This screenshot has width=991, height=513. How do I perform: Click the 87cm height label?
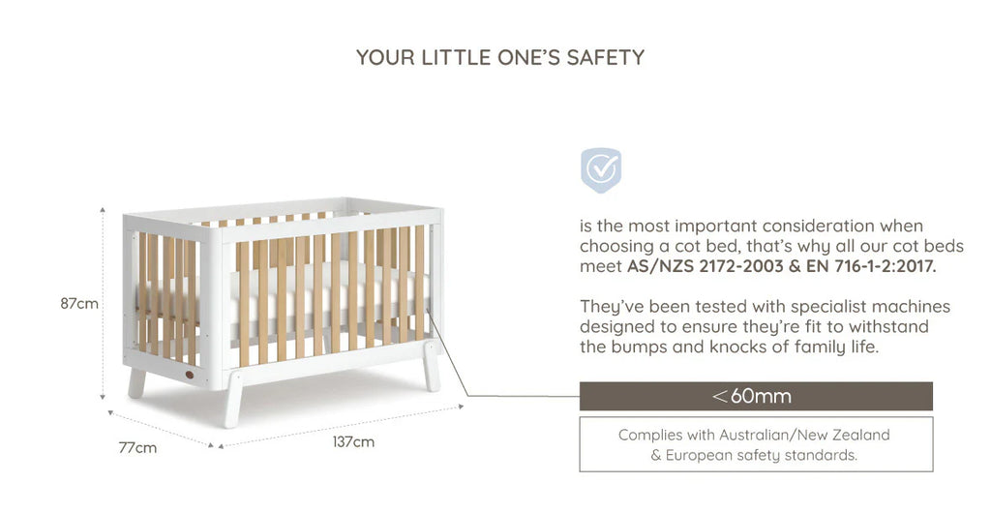(79, 303)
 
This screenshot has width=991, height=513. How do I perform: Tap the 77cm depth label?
(137, 448)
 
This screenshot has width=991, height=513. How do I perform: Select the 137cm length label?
(353, 441)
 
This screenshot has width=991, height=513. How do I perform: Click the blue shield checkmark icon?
(600, 169)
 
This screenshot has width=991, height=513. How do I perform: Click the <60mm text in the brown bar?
(751, 396)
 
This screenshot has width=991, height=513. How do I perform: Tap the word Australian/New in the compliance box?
(771, 435)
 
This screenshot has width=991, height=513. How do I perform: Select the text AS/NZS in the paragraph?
(660, 266)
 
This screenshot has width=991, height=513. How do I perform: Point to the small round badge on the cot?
(190, 375)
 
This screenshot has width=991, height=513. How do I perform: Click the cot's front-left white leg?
(232, 400)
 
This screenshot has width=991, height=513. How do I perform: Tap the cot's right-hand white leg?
(432, 366)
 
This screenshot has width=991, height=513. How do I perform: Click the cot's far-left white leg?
(136, 383)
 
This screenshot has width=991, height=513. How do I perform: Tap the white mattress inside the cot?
(285, 297)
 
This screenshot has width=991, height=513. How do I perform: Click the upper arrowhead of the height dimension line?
(103, 209)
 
